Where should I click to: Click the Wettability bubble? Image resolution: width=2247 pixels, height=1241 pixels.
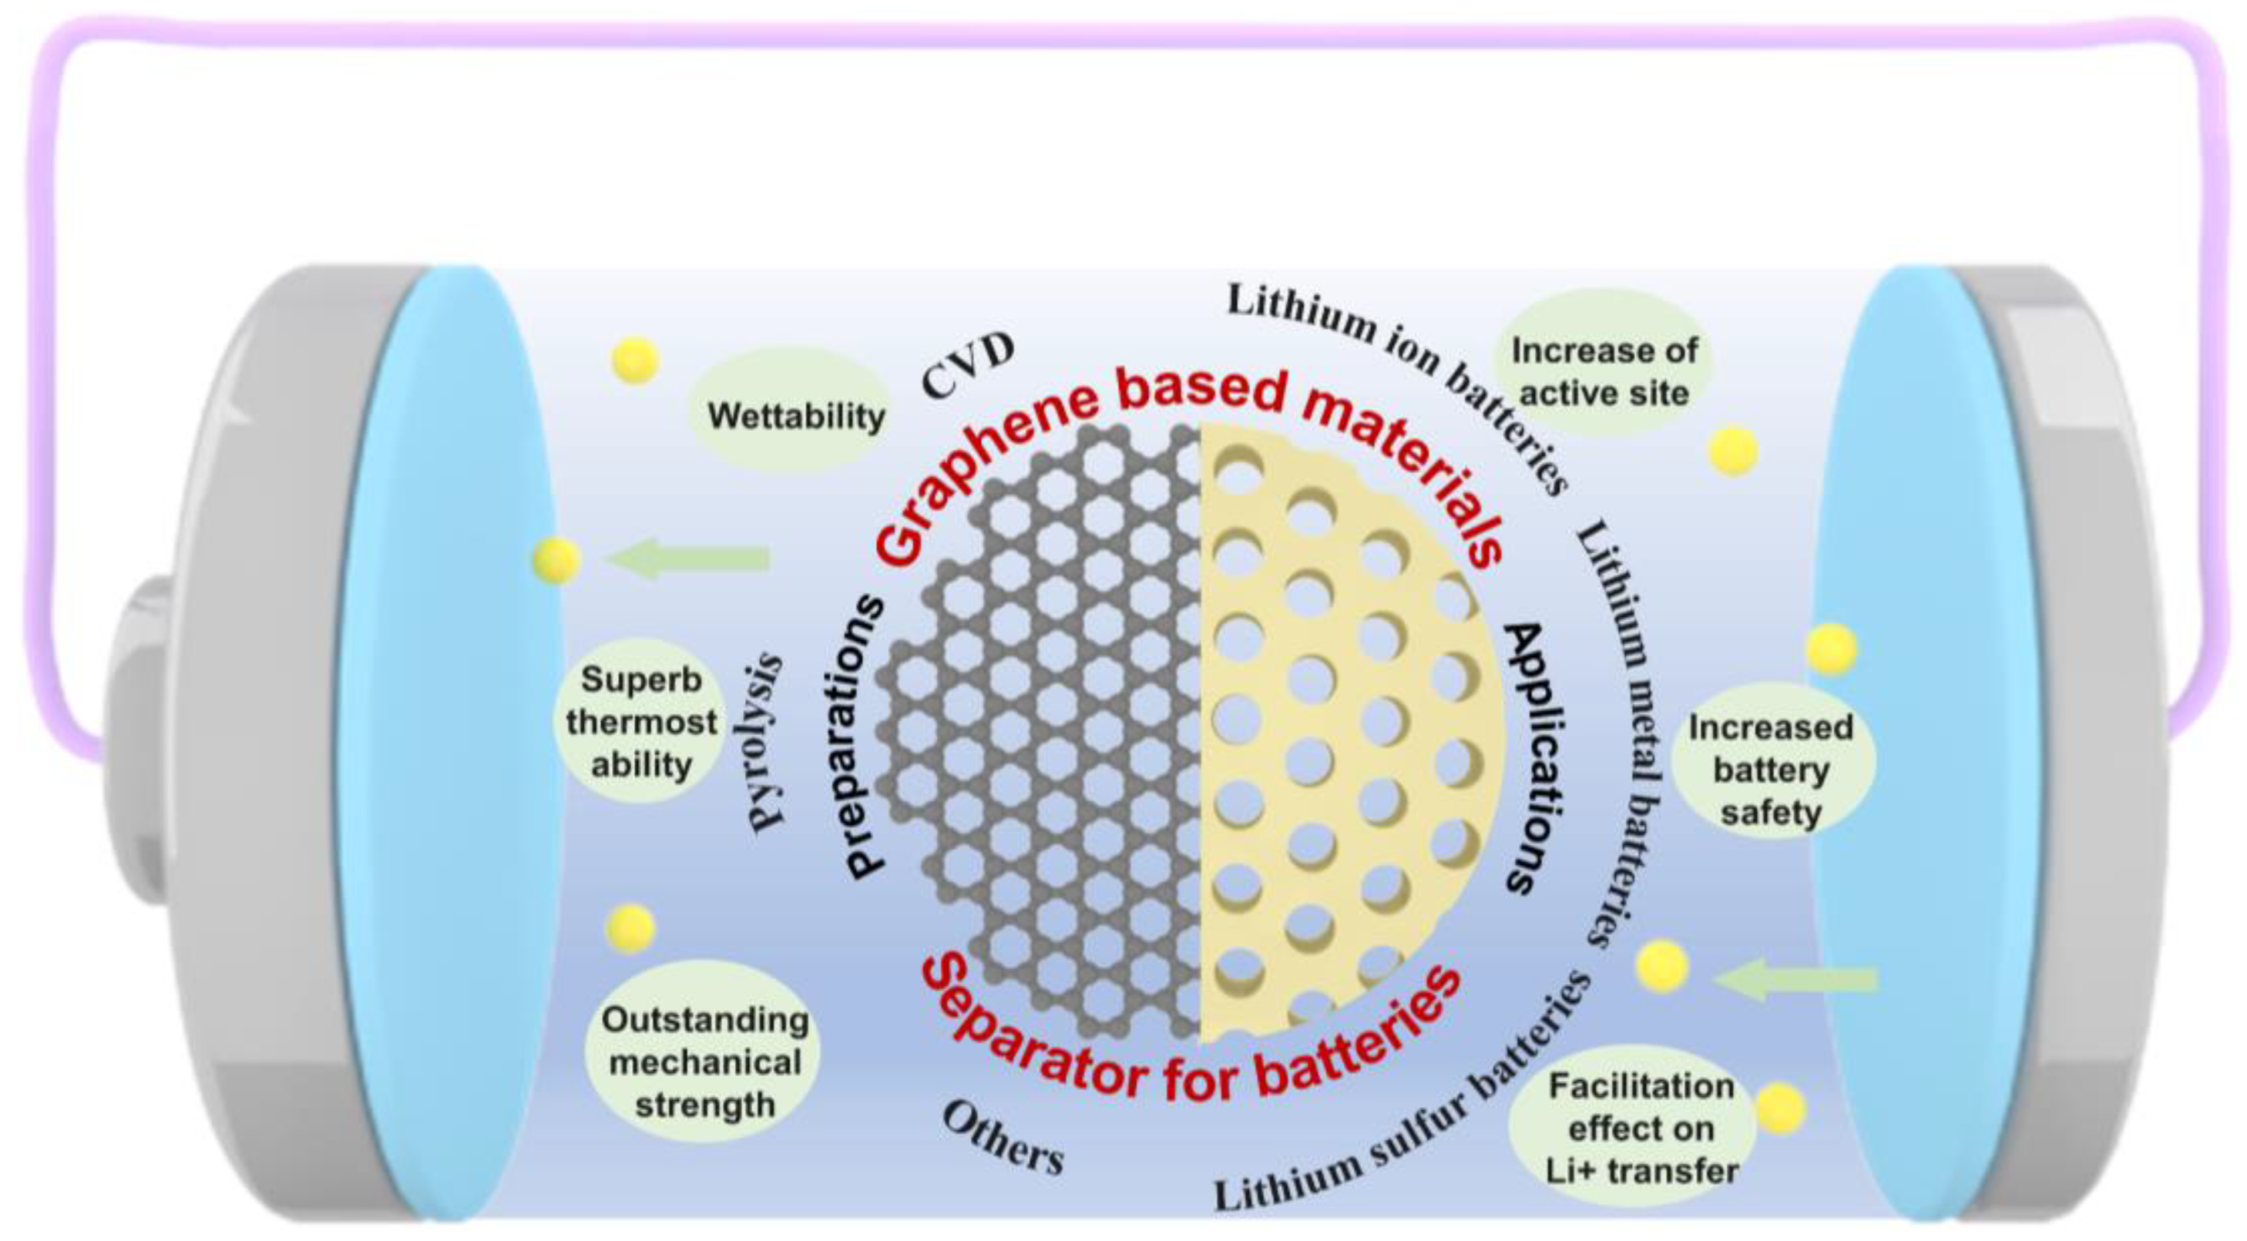coord(794,415)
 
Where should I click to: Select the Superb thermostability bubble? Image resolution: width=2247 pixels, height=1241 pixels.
coord(641,722)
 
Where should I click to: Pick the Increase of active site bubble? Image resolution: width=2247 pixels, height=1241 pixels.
coord(1603,372)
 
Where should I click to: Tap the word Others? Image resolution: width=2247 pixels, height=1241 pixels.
coord(1003,1138)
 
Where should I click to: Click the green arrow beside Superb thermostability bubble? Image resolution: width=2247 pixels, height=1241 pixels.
coord(689,558)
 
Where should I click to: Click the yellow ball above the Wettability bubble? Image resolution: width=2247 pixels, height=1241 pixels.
coord(635,360)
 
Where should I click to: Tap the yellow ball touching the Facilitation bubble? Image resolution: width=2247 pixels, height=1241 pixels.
coord(1779,1108)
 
